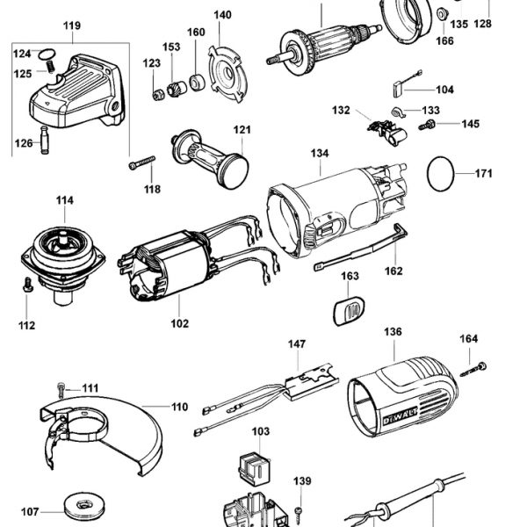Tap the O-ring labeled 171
pyautogui.click(x=442, y=173)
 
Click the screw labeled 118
pyautogui.click(x=141, y=163)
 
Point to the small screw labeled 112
pyautogui.click(x=28, y=285)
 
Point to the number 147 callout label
pyautogui.click(x=297, y=347)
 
